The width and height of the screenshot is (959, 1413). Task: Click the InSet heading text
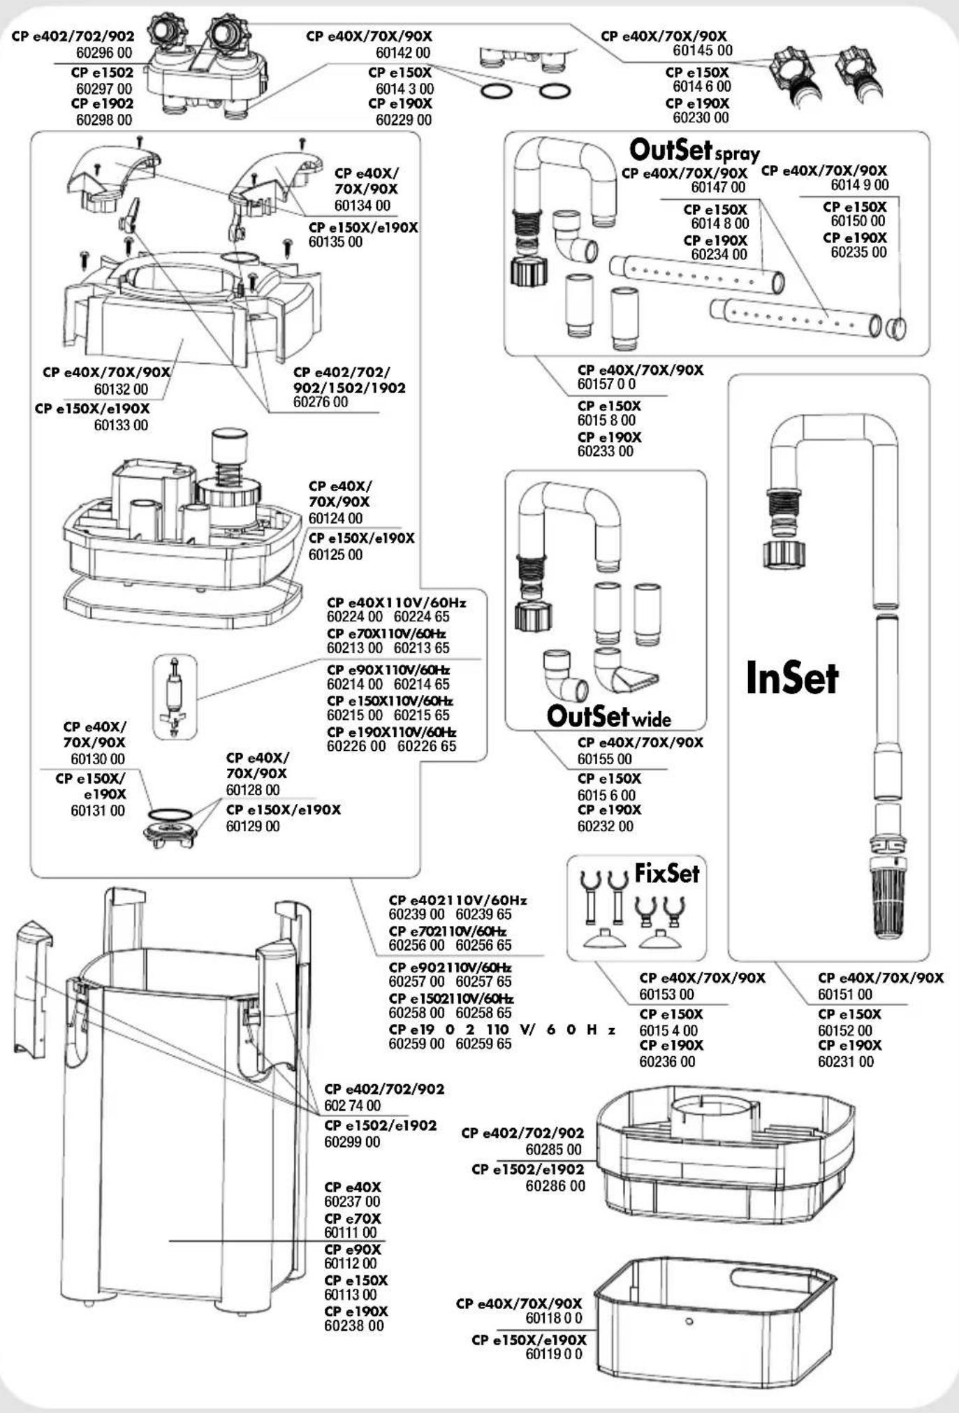(791, 678)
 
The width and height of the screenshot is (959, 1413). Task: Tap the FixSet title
(666, 873)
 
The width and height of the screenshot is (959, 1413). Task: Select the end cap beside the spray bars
(896, 327)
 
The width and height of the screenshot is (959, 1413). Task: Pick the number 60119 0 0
(553, 1354)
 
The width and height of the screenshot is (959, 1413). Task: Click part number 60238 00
(353, 1326)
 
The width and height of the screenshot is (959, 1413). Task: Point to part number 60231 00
(845, 1062)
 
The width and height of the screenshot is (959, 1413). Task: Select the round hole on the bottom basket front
(689, 1321)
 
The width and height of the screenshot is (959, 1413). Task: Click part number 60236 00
(666, 1062)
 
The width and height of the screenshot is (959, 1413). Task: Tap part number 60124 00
(335, 518)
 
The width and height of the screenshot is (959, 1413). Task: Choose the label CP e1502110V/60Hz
(451, 999)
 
